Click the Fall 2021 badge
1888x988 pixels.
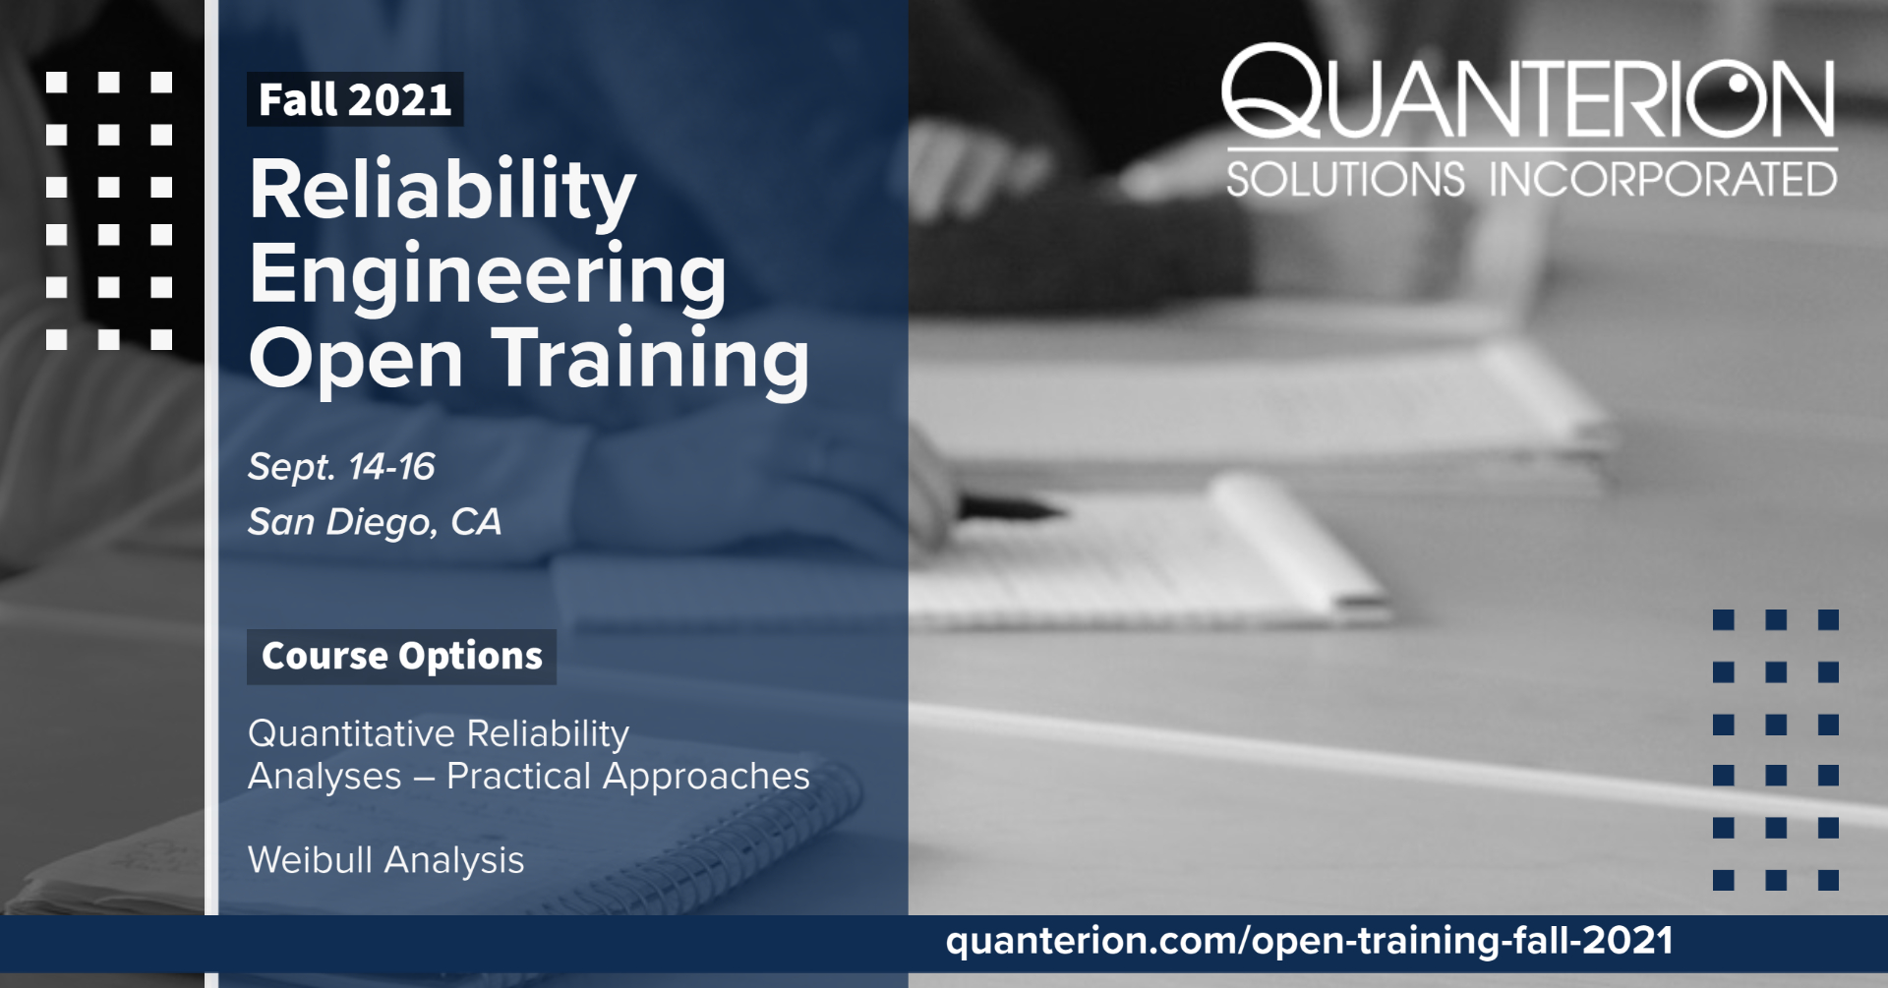click(x=355, y=99)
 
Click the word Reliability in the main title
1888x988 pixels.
click(x=442, y=192)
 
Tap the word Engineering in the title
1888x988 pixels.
click(x=488, y=277)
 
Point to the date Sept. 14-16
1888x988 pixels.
click(x=341, y=467)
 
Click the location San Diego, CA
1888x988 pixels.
click(x=375, y=522)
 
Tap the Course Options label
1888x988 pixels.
click(x=401, y=656)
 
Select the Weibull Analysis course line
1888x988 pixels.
click(x=386, y=861)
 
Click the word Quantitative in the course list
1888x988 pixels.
click(x=351, y=734)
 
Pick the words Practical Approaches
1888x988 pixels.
click(x=628, y=777)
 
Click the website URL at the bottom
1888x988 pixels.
click(x=1309, y=941)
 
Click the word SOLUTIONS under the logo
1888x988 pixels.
click(x=1345, y=180)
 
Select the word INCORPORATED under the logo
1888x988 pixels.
click(x=1662, y=180)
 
